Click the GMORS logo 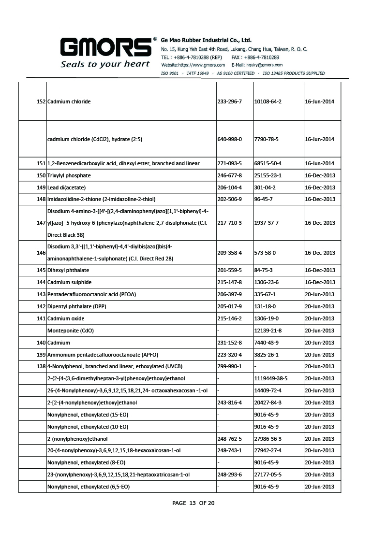105,47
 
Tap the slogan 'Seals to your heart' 105,64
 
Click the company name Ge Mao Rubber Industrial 206,40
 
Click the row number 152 41,101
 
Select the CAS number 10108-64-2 268,101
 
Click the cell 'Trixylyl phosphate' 69,175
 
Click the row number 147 41,223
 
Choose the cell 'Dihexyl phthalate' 68,270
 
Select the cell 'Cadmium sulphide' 69,282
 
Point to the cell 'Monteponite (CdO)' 71,331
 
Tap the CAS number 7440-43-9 266,343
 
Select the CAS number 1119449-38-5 270,378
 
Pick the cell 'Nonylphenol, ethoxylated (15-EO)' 88,415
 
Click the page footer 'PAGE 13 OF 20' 193,503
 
